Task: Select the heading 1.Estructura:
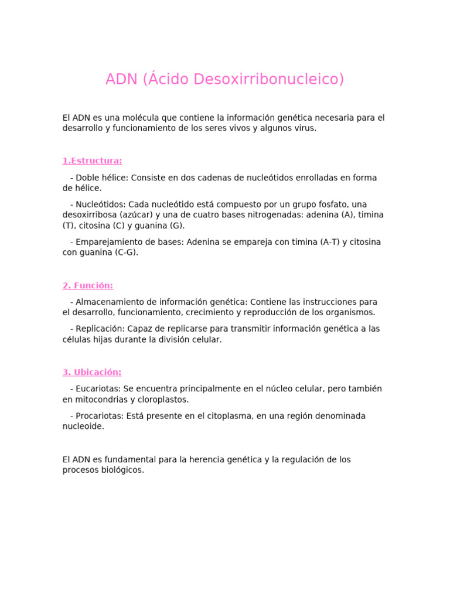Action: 93,161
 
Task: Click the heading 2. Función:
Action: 88,286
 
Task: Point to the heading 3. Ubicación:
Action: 92,372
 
